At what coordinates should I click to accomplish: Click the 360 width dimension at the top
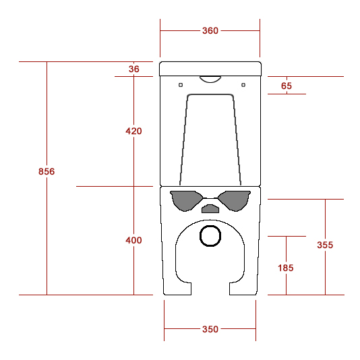(x=210, y=30)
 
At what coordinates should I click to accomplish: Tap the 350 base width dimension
(x=210, y=329)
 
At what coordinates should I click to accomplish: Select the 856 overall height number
(x=47, y=171)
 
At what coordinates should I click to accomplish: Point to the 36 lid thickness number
(x=134, y=69)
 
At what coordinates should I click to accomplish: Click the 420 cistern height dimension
(x=133, y=131)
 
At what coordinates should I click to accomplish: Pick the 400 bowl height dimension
(x=133, y=241)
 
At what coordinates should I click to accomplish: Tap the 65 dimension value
(x=287, y=86)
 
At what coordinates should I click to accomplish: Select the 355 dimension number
(x=325, y=245)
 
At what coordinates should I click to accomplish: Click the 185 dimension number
(x=286, y=268)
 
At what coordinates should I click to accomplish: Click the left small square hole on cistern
(x=181, y=85)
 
